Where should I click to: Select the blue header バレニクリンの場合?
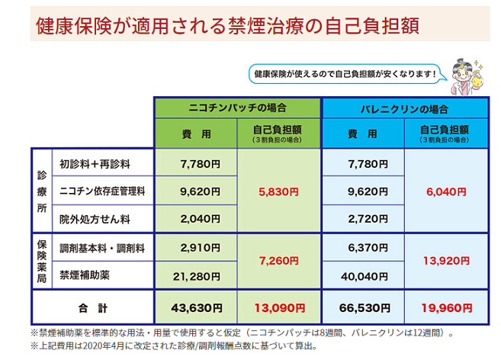[x=404, y=108]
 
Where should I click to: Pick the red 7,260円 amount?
[x=280, y=260]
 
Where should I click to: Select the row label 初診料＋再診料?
[x=95, y=163]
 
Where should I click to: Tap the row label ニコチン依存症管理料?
[x=103, y=191]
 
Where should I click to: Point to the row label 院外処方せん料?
[x=95, y=219]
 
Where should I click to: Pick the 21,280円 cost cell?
[x=197, y=275]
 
